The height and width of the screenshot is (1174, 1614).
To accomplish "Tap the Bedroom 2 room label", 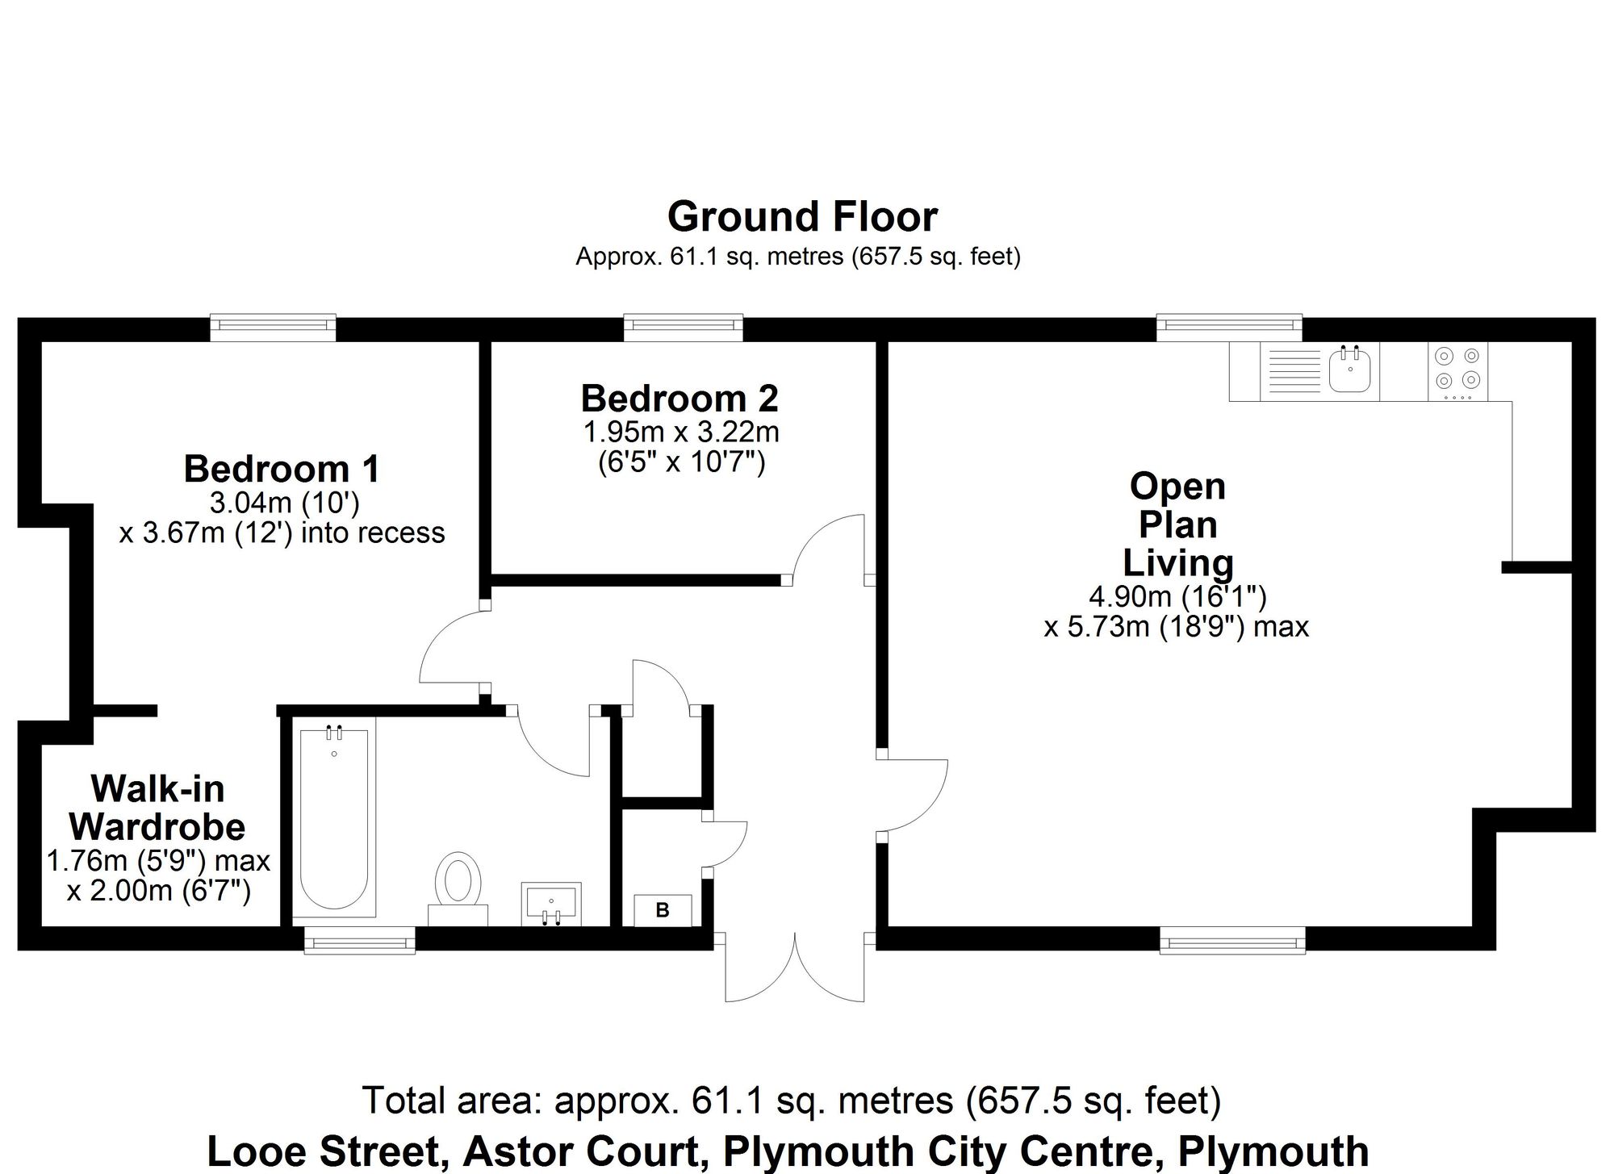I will (679, 399).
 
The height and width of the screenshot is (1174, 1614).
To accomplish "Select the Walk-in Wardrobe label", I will (157, 808).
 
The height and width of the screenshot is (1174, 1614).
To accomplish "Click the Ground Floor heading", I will (802, 216).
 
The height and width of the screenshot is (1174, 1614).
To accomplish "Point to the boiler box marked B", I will (663, 910).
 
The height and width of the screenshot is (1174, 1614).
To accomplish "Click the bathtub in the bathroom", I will (334, 819).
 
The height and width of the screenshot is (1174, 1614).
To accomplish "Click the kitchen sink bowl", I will (1350, 372).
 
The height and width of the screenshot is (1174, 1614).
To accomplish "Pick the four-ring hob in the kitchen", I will (1457, 372).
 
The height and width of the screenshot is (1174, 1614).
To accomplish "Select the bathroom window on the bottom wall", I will (359, 941).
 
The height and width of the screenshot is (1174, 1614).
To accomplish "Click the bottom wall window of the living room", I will (1232, 940).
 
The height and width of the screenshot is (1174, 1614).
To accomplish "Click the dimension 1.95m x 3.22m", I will (681, 432).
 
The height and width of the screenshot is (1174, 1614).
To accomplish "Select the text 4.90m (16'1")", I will (1177, 596).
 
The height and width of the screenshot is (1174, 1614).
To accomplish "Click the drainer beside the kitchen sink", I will (1293, 372).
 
